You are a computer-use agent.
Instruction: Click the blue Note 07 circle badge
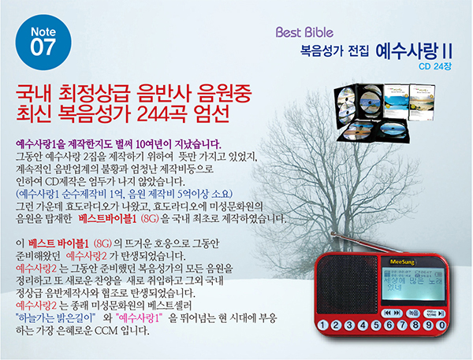tap(43, 43)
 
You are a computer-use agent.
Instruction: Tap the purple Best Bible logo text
tap(304, 32)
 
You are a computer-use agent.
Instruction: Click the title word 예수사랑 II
tap(414, 51)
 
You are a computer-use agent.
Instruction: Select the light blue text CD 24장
tap(434, 66)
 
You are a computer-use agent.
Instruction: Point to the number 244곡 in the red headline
tap(161, 114)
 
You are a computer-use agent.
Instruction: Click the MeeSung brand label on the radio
tap(402, 262)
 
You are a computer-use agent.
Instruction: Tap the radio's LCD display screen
tap(412, 284)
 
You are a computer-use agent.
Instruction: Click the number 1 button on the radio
tap(322, 325)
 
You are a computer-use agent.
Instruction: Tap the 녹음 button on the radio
tap(413, 314)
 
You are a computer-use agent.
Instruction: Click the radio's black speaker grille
tap(347, 285)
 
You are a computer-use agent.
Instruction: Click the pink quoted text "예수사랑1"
tap(139, 318)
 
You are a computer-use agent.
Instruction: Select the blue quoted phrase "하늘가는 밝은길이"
tap(55, 318)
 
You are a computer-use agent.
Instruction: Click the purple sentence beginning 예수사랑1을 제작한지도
tap(118, 145)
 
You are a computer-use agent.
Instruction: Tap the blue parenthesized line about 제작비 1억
tap(124, 194)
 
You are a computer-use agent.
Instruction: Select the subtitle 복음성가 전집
tap(334, 50)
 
